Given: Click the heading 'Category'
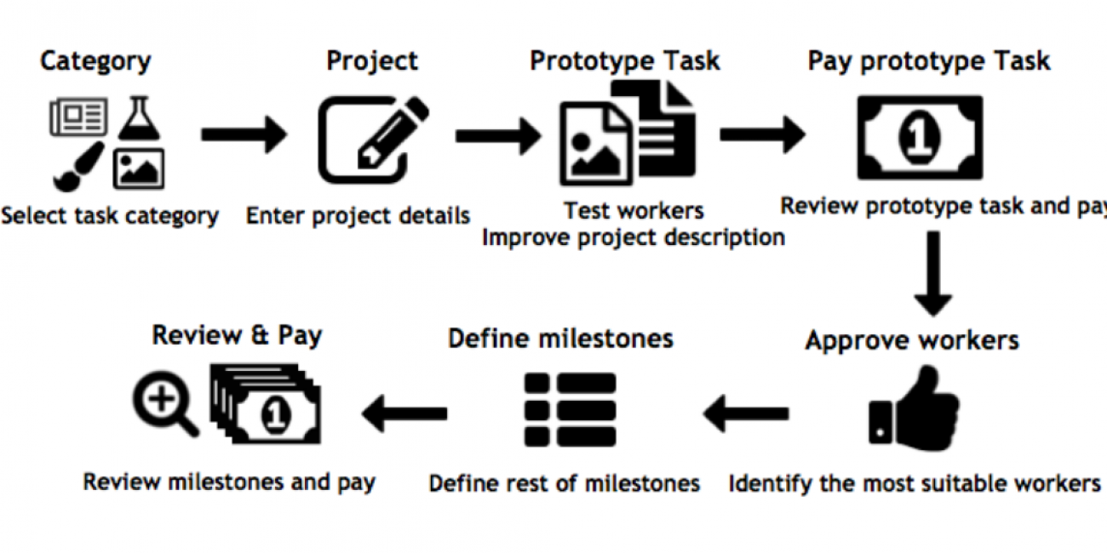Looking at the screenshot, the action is point(95,62).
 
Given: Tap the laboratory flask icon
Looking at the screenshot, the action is point(139,117).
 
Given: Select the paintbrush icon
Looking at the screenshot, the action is point(79,167).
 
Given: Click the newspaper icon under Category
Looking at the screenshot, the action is point(78,116).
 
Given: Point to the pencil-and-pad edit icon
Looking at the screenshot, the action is point(373,140).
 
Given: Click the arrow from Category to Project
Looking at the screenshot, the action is point(244,134).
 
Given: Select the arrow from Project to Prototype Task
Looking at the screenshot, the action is point(498,136).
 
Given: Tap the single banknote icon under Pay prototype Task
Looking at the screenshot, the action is point(921,137).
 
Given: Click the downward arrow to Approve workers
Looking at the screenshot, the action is point(933,274).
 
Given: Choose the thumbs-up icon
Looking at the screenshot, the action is point(915,408).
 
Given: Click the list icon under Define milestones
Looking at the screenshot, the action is point(570,409).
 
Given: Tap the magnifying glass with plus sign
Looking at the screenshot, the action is point(165,403).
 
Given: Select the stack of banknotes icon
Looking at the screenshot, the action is point(266,403).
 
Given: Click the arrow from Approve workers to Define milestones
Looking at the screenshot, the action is point(746,413).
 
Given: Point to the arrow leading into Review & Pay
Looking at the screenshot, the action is point(404,413).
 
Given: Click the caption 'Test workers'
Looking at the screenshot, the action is point(634,211).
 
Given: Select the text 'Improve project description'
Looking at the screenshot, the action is point(634,237).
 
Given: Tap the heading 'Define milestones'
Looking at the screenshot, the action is point(560,339).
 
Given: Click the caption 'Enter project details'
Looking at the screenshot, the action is point(358,216).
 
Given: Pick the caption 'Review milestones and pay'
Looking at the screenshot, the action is point(229,482).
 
